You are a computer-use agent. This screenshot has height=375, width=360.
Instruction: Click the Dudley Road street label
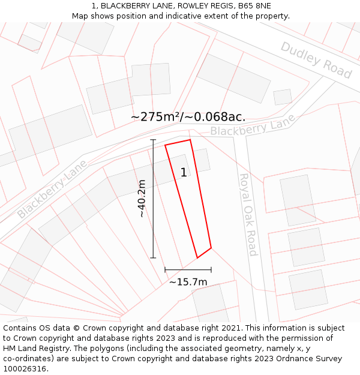[x=316, y=59]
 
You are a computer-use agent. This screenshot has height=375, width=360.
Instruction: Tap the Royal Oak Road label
[x=248, y=214]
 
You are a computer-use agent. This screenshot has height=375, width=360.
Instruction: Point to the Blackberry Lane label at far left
[x=52, y=189]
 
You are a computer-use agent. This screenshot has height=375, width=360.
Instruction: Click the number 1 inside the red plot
[x=184, y=173]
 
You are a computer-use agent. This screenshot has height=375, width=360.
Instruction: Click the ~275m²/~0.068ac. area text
[x=188, y=116]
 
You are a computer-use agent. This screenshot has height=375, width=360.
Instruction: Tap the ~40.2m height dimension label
[x=142, y=199]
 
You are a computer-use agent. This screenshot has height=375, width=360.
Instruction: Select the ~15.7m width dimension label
[x=188, y=282]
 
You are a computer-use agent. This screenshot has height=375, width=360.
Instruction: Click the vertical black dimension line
[x=153, y=199]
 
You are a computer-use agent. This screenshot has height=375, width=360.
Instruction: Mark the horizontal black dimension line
[x=188, y=269]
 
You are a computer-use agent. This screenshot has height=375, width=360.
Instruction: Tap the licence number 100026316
[x=26, y=369]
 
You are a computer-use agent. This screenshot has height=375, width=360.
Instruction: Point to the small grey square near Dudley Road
[x=283, y=97]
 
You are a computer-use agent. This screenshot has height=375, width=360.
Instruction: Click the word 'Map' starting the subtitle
[x=80, y=16]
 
